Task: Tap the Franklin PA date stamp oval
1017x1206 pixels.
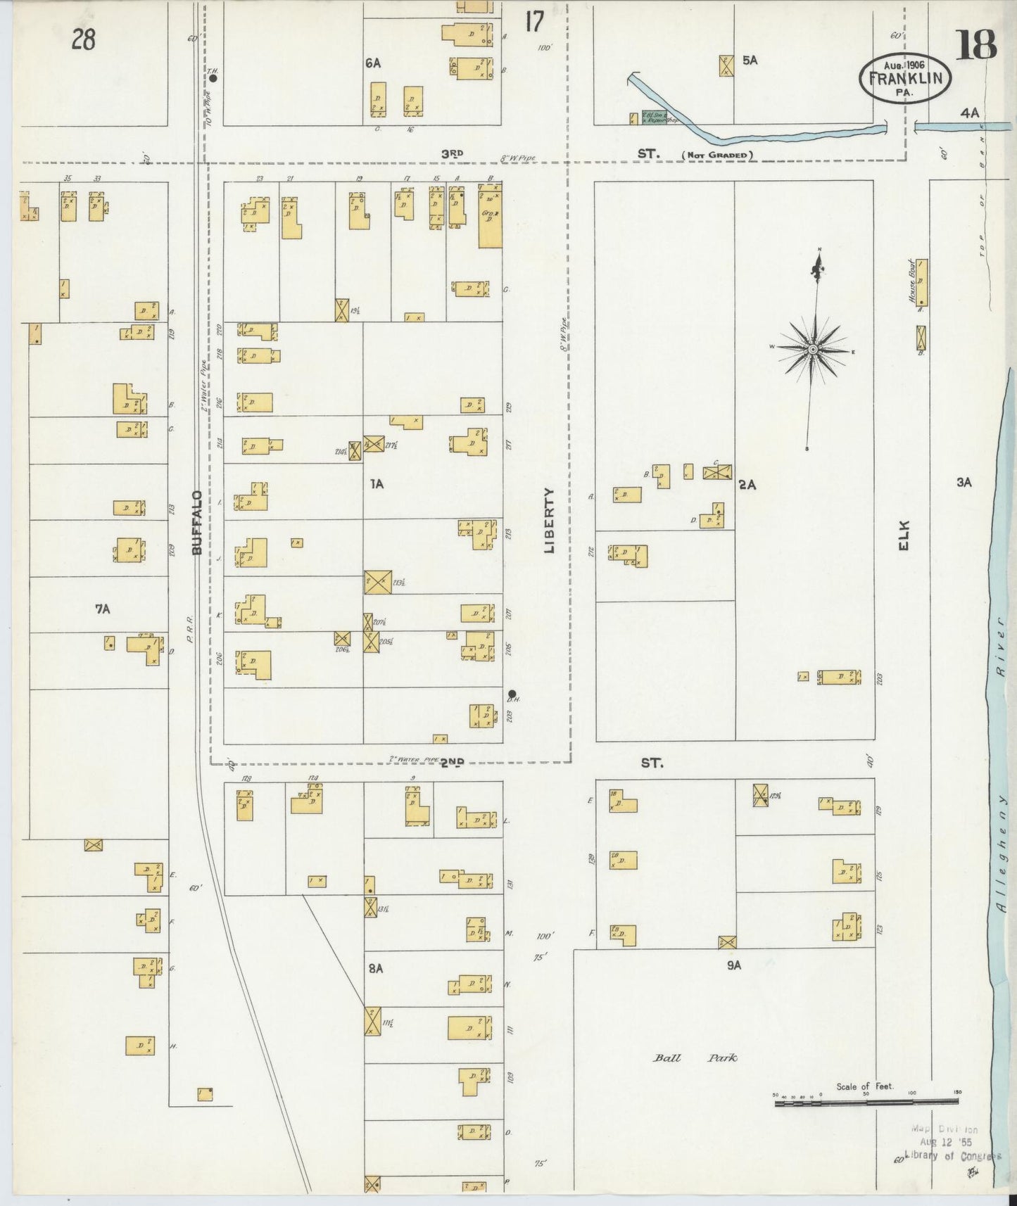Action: pyautogui.click(x=904, y=79)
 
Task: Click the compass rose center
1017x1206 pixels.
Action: pyautogui.click(x=813, y=349)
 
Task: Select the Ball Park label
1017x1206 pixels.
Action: pyautogui.click(x=695, y=1057)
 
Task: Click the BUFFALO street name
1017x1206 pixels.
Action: pyautogui.click(x=198, y=522)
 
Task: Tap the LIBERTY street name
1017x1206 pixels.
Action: pyautogui.click(x=550, y=520)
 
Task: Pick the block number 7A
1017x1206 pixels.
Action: pyautogui.click(x=103, y=609)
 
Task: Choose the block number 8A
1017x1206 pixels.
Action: pyautogui.click(x=375, y=968)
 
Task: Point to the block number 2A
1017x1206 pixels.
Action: pyautogui.click(x=747, y=485)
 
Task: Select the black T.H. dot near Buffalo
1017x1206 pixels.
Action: pyautogui.click(x=213, y=79)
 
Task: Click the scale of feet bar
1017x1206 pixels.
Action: pyautogui.click(x=867, y=1103)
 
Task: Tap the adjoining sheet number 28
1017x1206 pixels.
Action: pyautogui.click(x=83, y=40)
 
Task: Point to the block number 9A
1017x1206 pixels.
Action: pyautogui.click(x=734, y=965)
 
